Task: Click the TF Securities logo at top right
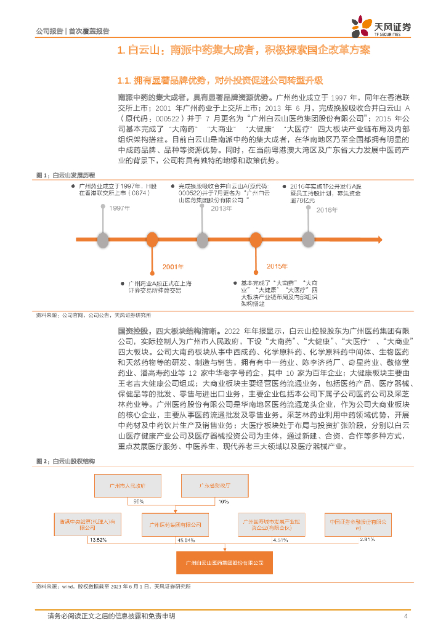pyautogui.click(x=381, y=27)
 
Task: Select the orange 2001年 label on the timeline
pyautogui.click(x=173, y=266)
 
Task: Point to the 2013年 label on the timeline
pyautogui.click(x=220, y=209)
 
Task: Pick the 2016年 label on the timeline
pyautogui.click(x=327, y=210)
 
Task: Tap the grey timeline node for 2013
pyautogui.click(x=204, y=238)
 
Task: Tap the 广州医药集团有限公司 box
pyautogui.click(x=176, y=524)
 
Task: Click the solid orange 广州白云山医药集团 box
pyautogui.click(x=219, y=563)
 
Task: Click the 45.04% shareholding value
pyautogui.click(x=186, y=540)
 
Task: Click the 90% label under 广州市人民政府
pyautogui.click(x=139, y=501)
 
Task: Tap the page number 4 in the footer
pyautogui.click(x=405, y=616)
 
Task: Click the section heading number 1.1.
pyautogui.click(x=125, y=81)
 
